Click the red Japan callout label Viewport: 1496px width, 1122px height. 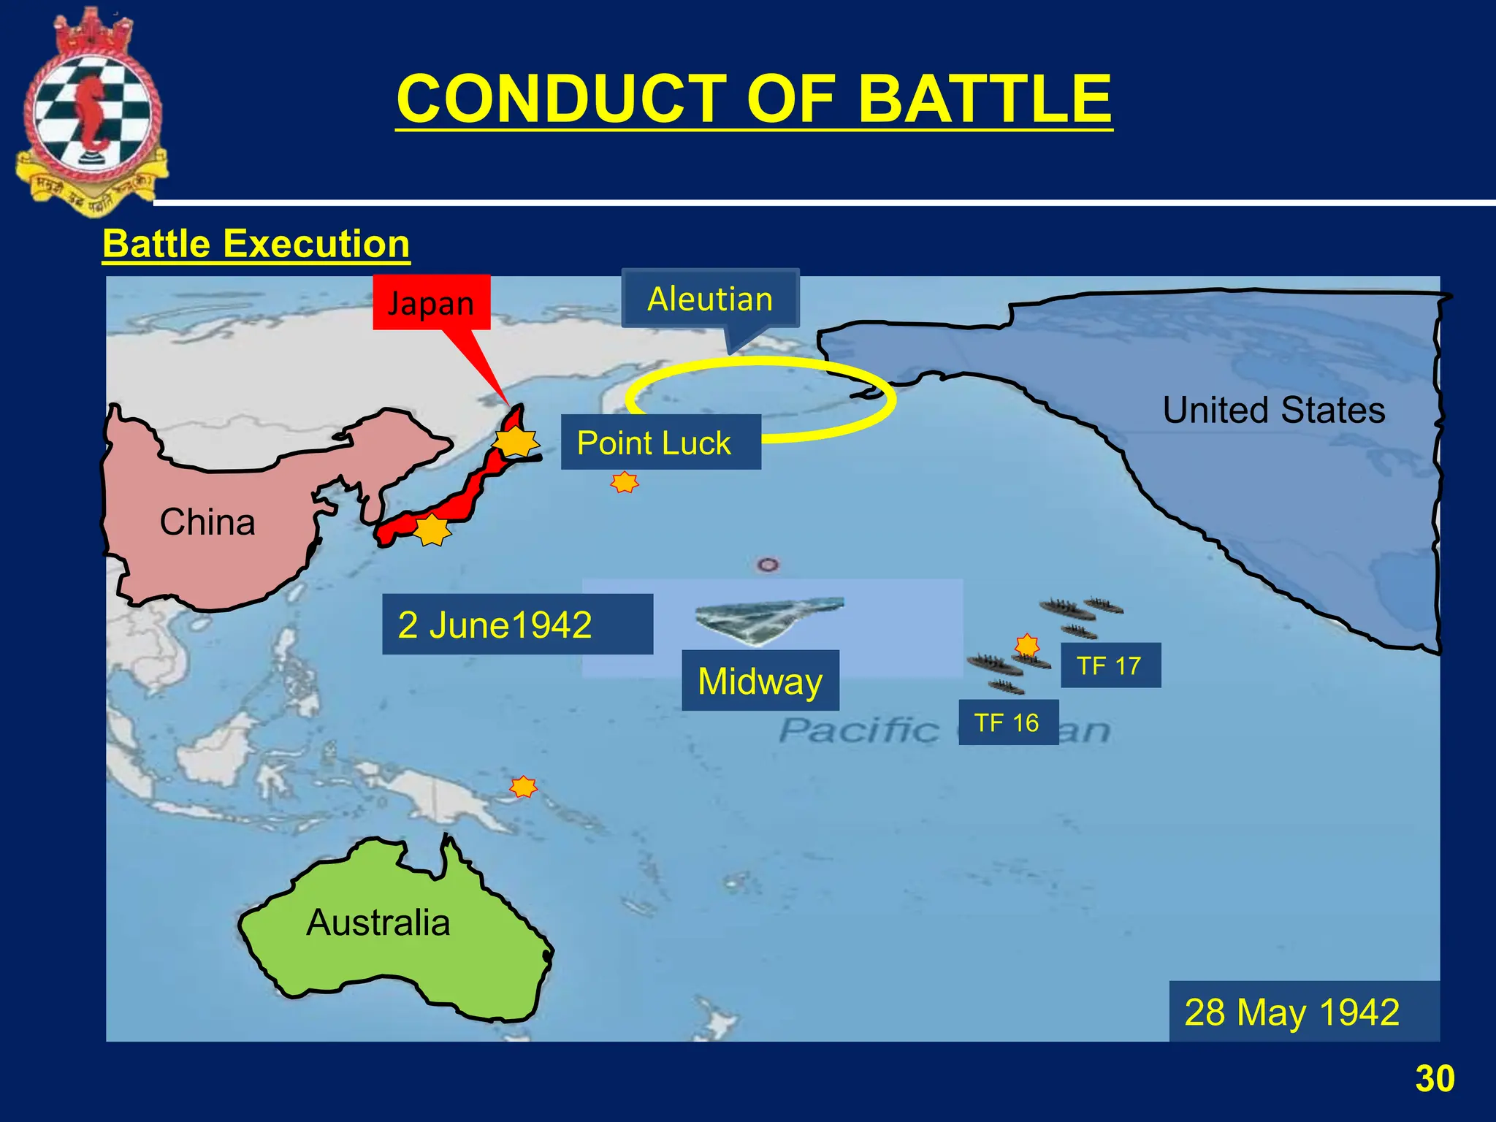[x=431, y=302]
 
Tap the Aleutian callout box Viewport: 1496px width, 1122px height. [x=710, y=299]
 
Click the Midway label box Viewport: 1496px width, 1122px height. [x=760, y=681]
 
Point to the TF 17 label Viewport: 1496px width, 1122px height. [x=1110, y=665]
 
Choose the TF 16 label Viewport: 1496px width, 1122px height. [x=1007, y=722]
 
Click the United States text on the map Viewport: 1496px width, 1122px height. [x=1274, y=410]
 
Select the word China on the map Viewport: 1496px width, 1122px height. [x=207, y=522]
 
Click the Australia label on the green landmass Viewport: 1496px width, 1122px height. [x=378, y=922]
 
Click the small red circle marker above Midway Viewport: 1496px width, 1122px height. [x=767, y=565]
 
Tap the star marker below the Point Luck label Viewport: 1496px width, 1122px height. [x=625, y=482]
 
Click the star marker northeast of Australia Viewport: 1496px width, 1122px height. [x=523, y=787]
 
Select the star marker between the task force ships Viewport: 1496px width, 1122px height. [x=1027, y=645]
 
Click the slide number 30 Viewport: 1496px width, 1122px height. [x=1435, y=1078]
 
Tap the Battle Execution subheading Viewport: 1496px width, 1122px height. [x=256, y=243]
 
